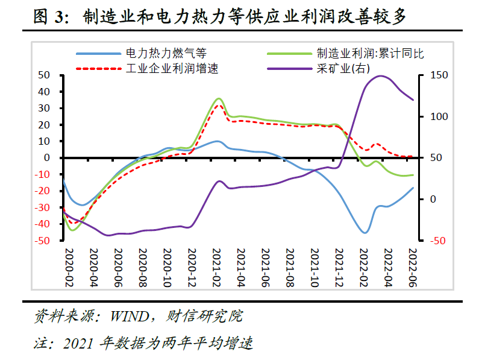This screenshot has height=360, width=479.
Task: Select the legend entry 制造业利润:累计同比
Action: (x=370, y=53)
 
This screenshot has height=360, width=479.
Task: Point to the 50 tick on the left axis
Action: (x=43, y=75)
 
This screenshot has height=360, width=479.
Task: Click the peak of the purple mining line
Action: (x=380, y=76)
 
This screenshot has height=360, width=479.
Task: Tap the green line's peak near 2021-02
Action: (x=218, y=98)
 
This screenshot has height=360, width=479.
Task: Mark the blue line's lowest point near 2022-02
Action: (x=365, y=233)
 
